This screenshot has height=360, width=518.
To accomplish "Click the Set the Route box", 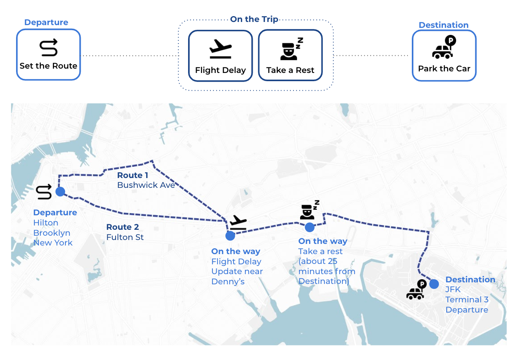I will point(48,55).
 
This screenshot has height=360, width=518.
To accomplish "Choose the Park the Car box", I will point(444,56).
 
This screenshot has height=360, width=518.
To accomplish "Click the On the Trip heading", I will point(254,19).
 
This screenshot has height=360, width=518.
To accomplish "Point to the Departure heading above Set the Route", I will point(46,22).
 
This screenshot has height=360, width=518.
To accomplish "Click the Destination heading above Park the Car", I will point(444,25).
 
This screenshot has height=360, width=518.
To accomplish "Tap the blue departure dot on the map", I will point(60,191).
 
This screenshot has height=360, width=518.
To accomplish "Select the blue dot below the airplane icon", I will point(230,236).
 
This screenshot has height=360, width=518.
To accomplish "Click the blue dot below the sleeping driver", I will point(310,227).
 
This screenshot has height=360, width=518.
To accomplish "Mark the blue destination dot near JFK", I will point(434,284).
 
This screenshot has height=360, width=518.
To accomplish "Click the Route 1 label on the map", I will point(133,175).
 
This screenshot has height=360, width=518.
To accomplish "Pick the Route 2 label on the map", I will point(123,227).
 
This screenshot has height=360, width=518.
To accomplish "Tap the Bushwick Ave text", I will point(146,185).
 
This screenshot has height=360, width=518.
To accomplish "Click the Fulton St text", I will point(125,237).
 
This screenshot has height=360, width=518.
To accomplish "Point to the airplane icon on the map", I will point(238,222).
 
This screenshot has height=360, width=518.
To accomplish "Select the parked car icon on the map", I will point(416,290).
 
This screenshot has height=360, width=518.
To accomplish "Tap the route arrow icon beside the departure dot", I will point(44,192).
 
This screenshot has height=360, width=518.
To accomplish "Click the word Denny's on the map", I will point(228,282).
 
